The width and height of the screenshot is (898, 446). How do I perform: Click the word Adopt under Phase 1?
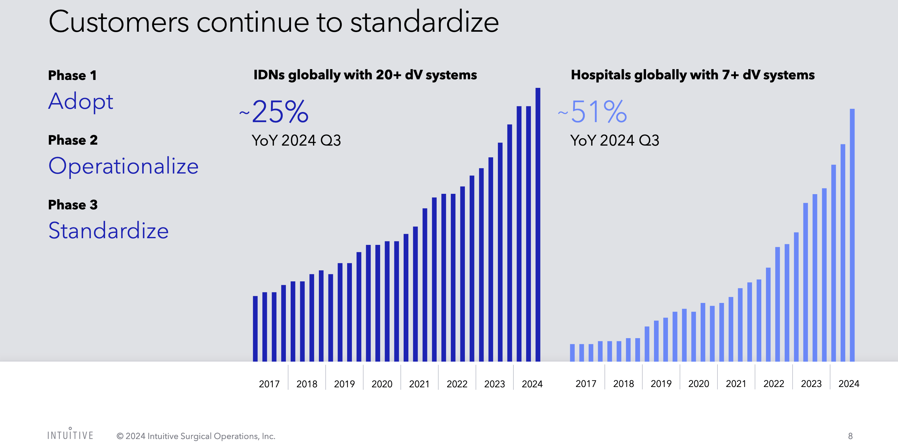coord(81,102)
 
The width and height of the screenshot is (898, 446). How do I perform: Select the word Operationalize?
coord(123,166)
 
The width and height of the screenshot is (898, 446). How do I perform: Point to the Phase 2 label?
coord(73,140)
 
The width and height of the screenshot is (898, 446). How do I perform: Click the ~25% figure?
coord(274,112)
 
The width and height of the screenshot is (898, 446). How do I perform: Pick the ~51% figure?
coord(593,112)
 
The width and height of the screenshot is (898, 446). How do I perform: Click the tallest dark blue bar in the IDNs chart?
coord(538,225)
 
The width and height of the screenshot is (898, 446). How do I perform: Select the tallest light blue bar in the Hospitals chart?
coord(852,235)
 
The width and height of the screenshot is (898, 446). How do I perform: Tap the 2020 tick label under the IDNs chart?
coord(382,384)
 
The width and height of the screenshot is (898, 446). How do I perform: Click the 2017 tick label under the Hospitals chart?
coord(586,384)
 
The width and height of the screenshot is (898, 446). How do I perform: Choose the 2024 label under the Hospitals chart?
coord(848,384)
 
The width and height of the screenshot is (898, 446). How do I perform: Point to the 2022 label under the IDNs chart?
coord(457,384)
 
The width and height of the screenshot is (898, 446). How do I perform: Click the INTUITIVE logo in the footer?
coord(70,434)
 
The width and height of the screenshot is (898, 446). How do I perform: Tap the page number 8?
coord(850,436)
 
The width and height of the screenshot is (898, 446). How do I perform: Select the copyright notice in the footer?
coord(196,436)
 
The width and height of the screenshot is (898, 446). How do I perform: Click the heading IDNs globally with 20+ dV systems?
coord(365,75)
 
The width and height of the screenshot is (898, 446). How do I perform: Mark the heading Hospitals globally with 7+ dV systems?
coord(693,75)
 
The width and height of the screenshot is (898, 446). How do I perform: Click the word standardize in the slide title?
coord(424,22)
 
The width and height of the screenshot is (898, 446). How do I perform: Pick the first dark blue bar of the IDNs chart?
coord(255,329)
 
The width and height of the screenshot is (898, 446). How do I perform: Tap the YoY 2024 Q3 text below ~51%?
coord(615,141)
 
